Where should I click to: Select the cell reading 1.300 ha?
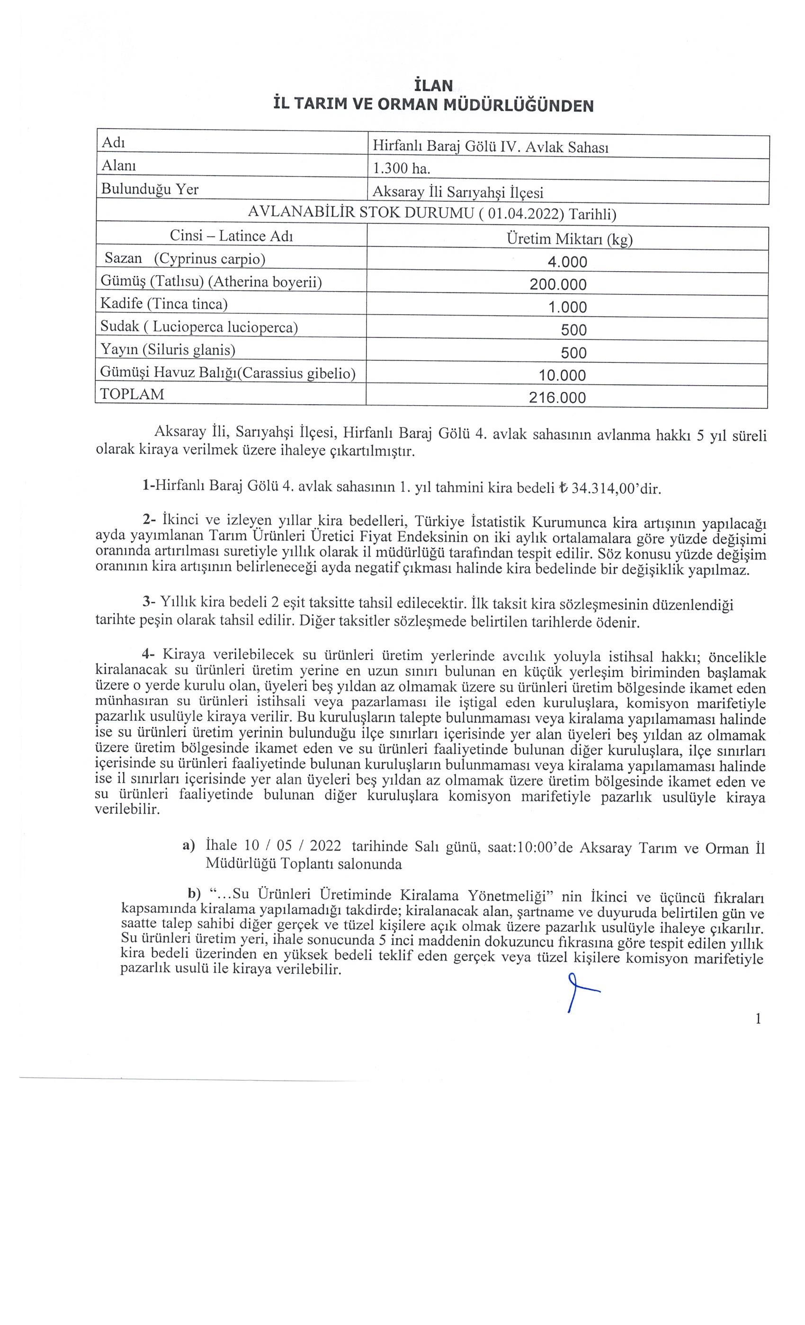[402, 169]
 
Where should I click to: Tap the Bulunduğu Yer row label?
[150, 189]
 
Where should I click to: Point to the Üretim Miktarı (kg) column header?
[569, 239]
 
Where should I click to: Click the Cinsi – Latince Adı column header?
[232, 236]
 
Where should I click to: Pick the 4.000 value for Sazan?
[567, 263]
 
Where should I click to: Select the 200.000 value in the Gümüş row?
[558, 284]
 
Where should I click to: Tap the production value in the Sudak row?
[573, 330]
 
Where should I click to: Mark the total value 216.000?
[557, 398]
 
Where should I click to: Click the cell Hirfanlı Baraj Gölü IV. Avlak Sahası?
[490, 147]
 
